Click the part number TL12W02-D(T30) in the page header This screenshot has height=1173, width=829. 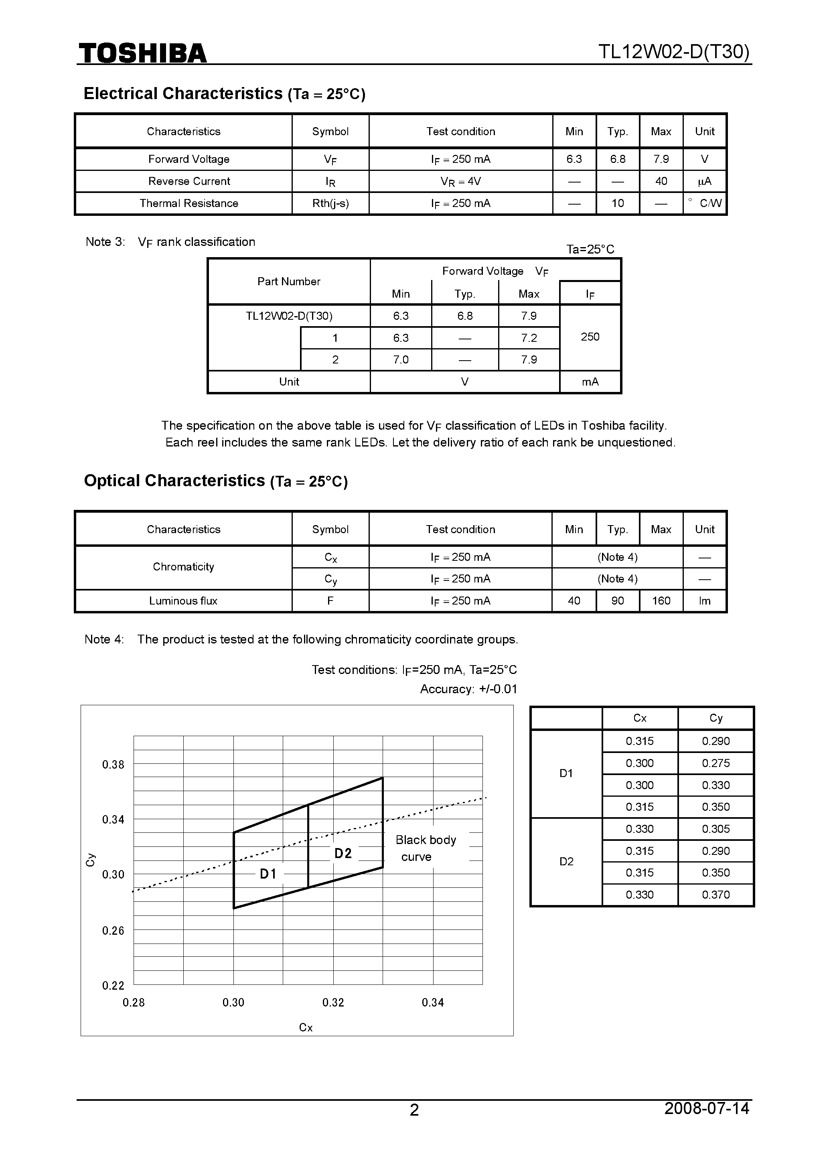tap(674, 52)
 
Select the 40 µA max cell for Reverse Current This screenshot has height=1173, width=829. tap(661, 181)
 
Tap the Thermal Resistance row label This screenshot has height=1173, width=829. tap(189, 203)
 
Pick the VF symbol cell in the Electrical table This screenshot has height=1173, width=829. tap(330, 159)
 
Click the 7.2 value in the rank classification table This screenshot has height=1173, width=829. tap(529, 338)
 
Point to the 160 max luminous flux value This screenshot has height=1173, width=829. tap(661, 601)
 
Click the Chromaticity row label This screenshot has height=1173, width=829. tap(183, 566)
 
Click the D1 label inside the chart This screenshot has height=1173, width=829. tap(268, 874)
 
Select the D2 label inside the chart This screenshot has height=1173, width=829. tap(343, 853)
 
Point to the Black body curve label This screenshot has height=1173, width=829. tap(425, 848)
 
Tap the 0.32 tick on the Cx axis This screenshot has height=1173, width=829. tap(333, 1003)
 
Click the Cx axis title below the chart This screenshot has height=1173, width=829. tap(306, 1027)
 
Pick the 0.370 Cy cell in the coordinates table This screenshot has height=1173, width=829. tap(715, 895)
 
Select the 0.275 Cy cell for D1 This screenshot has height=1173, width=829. tap(715, 763)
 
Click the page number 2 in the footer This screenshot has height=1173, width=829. tap(414, 1124)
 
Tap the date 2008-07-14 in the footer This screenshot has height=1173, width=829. tap(706, 1122)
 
